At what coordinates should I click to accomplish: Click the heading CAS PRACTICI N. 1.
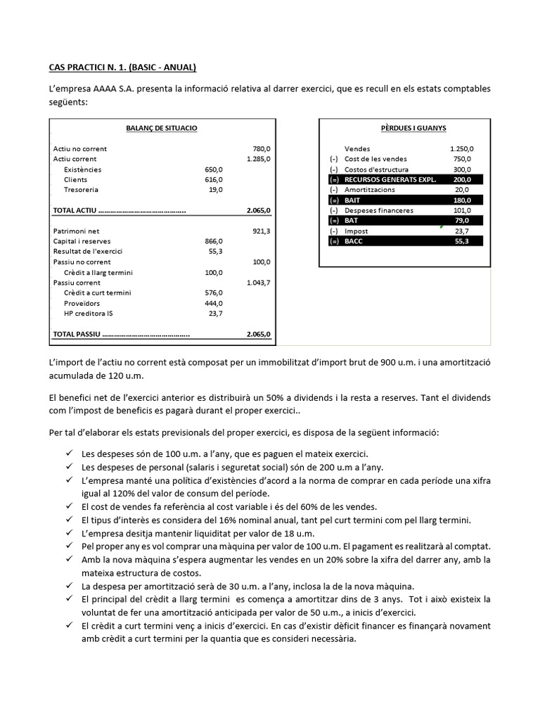(122, 67)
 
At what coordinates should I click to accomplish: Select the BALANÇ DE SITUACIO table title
(161, 128)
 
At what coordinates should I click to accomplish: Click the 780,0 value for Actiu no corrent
(261, 149)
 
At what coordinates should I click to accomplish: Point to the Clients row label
(75, 180)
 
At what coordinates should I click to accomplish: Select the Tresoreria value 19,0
(216, 190)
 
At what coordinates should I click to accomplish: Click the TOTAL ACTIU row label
(75, 210)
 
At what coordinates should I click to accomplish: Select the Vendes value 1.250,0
(461, 149)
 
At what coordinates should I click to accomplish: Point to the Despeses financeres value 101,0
(463, 210)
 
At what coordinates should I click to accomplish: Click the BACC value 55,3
(464, 241)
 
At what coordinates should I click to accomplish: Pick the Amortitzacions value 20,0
(464, 190)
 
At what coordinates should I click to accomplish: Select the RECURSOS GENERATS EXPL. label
(390, 180)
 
